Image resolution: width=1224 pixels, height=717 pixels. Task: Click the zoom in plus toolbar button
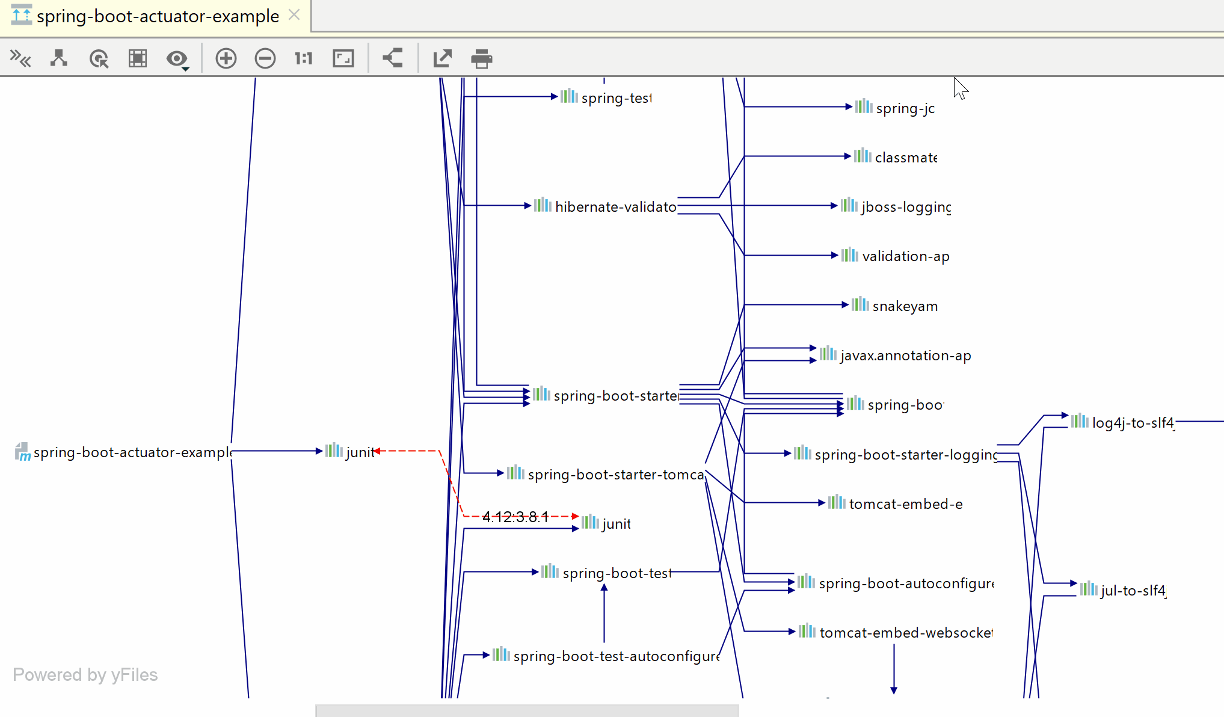[226, 58]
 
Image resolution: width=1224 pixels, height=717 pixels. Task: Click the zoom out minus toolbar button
[265, 58]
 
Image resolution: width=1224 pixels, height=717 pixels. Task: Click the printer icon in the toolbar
[481, 58]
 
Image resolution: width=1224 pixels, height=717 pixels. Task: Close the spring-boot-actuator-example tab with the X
[294, 15]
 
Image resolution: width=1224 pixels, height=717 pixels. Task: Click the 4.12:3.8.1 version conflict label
[515, 517]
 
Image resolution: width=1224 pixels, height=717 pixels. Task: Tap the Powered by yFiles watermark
[85, 675]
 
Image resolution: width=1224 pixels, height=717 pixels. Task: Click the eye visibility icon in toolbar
[177, 59]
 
